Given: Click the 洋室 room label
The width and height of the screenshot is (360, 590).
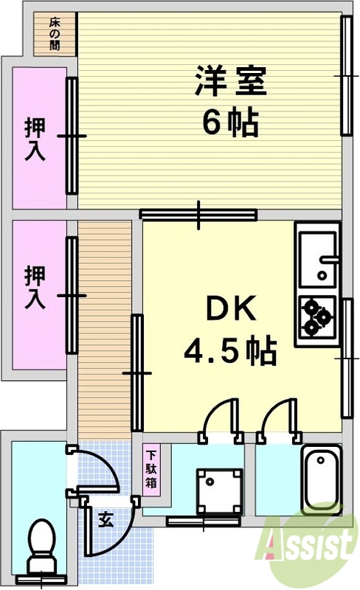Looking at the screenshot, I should click(230, 81).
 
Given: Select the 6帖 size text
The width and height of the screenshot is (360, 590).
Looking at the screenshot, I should click(230, 123).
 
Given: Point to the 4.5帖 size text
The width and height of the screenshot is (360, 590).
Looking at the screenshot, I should click(230, 351).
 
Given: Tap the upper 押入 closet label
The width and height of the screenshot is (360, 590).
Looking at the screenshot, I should click(35, 139).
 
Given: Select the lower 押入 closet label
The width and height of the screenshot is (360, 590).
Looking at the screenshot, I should click(35, 286).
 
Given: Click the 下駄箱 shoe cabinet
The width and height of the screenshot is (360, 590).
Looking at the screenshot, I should click(150, 469).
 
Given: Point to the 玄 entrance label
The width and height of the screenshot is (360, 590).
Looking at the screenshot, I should click(105, 520).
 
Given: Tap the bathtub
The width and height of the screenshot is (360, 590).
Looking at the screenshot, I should click(322, 479).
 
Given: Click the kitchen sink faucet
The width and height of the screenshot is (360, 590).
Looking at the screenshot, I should click(328, 260).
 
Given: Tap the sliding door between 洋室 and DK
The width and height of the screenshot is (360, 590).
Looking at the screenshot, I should click(198, 215).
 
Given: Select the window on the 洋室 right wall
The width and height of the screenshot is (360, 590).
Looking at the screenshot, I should click(346, 75).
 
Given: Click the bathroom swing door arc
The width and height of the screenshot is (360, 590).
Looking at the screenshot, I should click(279, 419).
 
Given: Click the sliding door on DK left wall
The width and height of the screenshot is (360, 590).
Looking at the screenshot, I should click(136, 372).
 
